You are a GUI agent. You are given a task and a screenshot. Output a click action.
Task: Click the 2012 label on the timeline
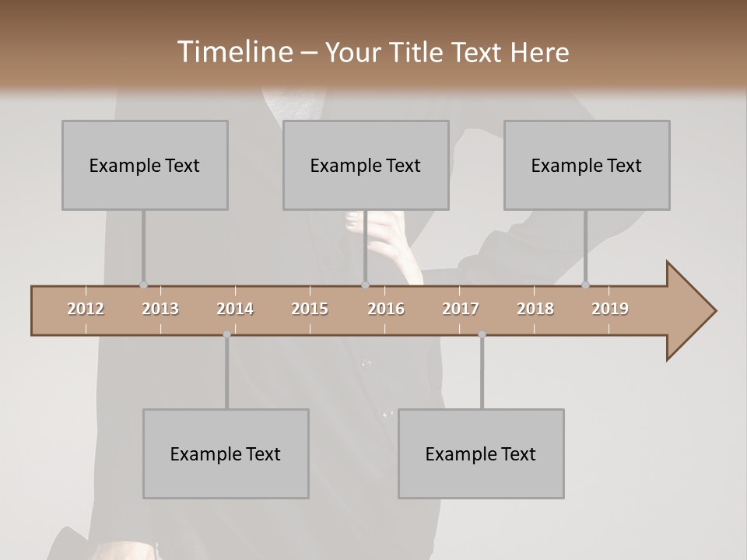[86, 309]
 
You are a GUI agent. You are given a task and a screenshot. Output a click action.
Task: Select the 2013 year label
[160, 309]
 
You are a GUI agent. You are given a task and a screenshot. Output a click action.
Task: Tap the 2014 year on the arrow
[235, 309]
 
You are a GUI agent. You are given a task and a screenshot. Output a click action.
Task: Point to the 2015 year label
[310, 309]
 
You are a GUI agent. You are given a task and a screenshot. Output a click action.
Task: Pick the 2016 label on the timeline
[386, 309]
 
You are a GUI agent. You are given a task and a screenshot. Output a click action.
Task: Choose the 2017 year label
[461, 309]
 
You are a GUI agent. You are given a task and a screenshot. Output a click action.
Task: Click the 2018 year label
[535, 309]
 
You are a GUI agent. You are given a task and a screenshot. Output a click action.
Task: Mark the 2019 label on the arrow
[610, 309]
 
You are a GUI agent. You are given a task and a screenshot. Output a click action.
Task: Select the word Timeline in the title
[234, 52]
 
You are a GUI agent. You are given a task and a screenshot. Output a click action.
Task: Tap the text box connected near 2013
[145, 165]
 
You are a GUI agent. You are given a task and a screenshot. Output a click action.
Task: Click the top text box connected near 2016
[366, 165]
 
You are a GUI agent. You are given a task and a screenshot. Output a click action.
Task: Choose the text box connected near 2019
[587, 165]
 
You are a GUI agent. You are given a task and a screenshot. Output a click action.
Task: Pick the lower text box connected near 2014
[226, 453]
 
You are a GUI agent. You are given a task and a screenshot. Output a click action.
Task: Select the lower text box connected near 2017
[481, 453]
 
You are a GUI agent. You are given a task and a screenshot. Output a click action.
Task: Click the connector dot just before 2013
[143, 285]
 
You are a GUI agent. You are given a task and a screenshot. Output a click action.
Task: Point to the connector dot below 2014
[226, 334]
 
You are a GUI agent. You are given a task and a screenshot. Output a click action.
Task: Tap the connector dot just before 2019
[585, 285]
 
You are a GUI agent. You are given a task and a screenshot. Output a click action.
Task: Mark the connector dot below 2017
[482, 334]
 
